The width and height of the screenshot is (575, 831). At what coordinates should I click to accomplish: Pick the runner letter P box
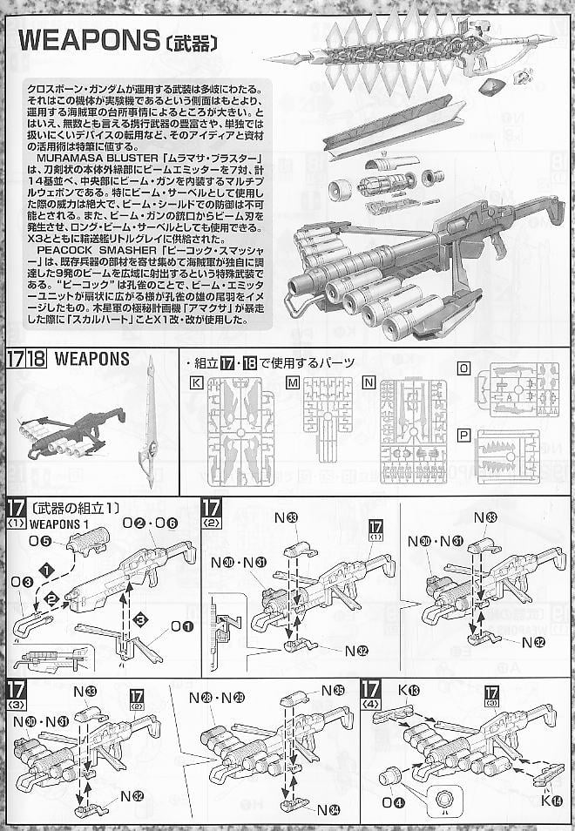coord(464,436)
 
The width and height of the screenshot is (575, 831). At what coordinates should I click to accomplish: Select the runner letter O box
coord(464,368)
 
